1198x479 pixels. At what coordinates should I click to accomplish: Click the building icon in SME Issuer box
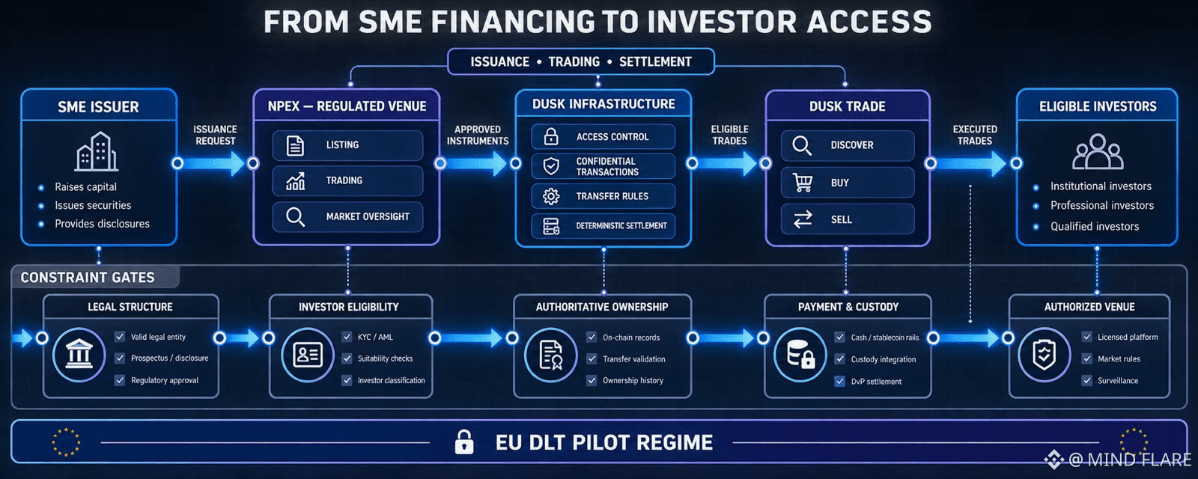(x=97, y=151)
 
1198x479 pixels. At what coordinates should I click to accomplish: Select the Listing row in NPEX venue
(x=347, y=145)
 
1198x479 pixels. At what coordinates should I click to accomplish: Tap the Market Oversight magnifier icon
(x=295, y=217)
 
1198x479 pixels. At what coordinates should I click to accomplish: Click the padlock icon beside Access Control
(x=551, y=137)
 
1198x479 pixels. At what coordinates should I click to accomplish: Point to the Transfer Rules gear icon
(x=551, y=196)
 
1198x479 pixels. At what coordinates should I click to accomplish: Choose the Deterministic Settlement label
(x=621, y=226)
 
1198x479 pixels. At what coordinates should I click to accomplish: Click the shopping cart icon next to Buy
(x=803, y=183)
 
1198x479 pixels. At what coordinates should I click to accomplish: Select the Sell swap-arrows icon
(x=803, y=219)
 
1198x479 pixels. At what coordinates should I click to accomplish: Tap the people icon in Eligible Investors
(x=1098, y=151)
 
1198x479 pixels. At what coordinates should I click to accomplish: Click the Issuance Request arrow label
(x=215, y=135)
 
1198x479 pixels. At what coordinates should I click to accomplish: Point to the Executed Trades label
(x=975, y=135)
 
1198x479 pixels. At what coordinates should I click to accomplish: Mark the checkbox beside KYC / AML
(x=347, y=337)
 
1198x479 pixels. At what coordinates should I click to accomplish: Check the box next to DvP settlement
(x=839, y=381)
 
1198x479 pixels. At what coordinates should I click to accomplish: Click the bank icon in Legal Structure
(x=79, y=354)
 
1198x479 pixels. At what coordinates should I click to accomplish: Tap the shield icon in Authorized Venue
(x=1044, y=355)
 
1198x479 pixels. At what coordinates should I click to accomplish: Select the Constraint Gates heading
(x=88, y=278)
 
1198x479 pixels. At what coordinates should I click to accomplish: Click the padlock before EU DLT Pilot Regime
(x=463, y=442)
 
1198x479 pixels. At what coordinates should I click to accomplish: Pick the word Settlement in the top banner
(x=655, y=62)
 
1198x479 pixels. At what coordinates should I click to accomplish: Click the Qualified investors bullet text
(x=1094, y=226)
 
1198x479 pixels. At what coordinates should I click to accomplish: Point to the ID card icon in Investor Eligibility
(x=308, y=355)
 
